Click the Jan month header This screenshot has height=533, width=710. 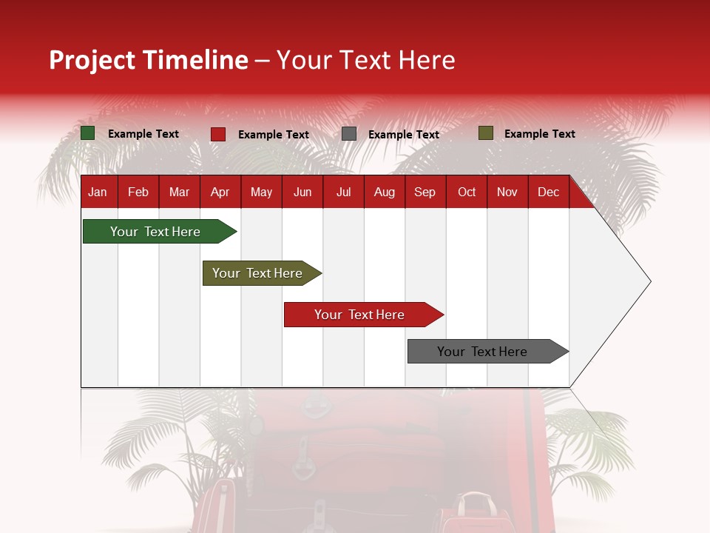point(98,192)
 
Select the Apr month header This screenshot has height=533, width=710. point(220,192)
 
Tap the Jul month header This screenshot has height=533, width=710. point(343,192)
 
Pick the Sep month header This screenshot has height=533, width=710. point(425,192)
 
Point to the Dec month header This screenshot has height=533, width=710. point(548,192)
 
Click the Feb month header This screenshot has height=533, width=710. point(138,192)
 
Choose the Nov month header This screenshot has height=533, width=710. point(507,192)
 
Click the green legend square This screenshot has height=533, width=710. point(88,133)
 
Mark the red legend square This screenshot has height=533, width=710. point(218,134)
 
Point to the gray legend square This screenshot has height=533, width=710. point(349,134)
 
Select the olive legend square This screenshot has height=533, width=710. point(485,133)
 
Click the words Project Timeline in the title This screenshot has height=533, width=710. point(148,60)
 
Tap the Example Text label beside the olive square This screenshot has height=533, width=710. point(539,134)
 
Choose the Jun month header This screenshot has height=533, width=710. point(302,192)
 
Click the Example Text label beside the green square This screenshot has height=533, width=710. point(143,134)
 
